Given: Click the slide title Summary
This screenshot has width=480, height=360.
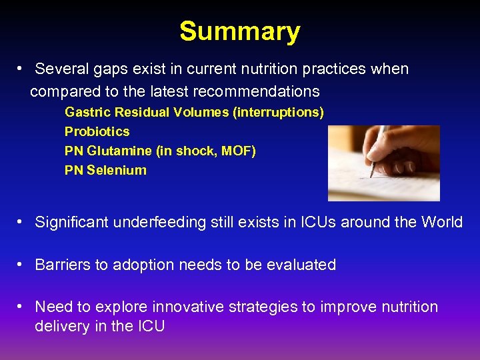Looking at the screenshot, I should point(239,31).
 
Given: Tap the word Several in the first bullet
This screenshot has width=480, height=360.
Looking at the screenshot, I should point(60,69).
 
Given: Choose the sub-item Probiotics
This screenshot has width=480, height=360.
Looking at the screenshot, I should point(97,131).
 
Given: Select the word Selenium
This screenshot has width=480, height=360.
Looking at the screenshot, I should point(117,170).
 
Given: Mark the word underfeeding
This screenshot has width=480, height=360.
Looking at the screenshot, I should point(154,222).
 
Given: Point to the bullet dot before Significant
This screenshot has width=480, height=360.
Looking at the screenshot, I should point(22,222).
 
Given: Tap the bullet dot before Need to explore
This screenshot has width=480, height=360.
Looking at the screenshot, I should point(22,307).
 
